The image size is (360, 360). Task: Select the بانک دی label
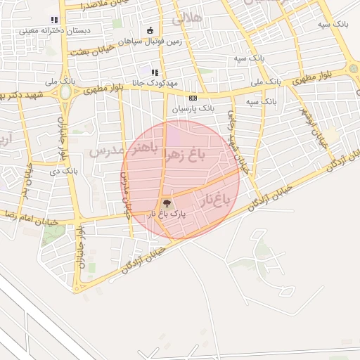point(64,171)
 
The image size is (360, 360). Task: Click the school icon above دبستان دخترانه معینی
point(54,20)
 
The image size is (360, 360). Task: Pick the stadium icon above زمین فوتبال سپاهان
point(150,30)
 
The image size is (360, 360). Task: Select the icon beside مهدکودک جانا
point(154,72)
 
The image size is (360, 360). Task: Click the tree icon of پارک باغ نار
point(167,202)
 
